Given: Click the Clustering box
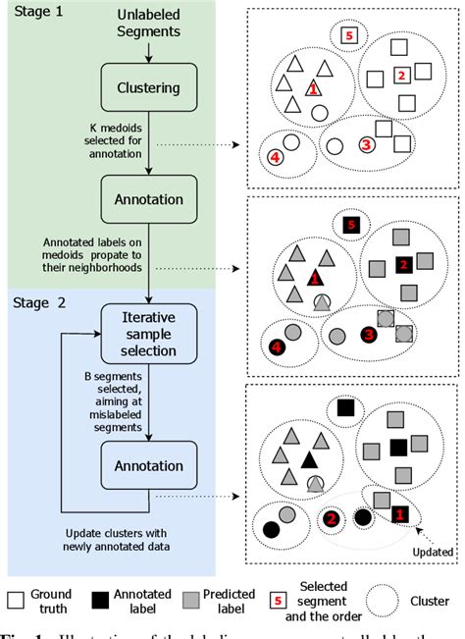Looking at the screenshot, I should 149,87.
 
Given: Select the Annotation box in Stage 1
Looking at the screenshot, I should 149,200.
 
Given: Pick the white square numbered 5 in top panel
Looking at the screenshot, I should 348,36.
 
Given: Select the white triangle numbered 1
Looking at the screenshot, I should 312,88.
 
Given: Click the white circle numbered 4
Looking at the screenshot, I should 276,155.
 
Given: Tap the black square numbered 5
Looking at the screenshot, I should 350,226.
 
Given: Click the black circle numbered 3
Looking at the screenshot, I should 367,333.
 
